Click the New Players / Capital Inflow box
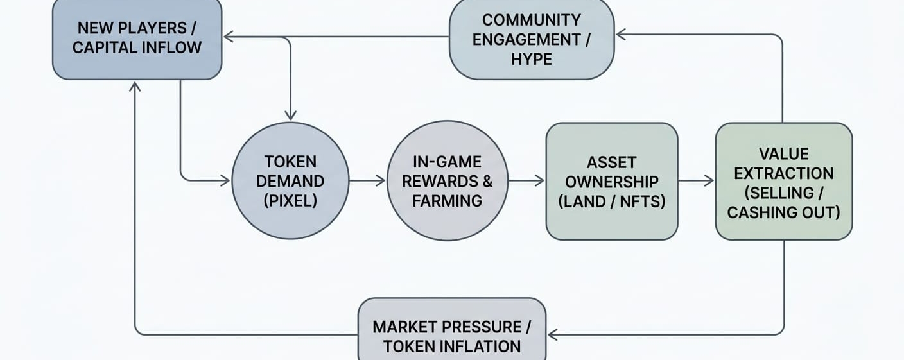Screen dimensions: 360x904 point(137,39)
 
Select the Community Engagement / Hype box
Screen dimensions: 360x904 point(531,40)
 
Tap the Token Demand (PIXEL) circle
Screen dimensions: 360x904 point(290,181)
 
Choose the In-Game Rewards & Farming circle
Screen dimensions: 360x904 point(448,181)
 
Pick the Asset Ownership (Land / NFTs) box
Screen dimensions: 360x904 point(611,182)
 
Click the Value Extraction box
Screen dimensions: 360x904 point(783,182)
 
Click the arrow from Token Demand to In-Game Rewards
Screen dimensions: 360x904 point(368,181)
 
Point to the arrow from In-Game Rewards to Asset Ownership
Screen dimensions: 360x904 point(526,181)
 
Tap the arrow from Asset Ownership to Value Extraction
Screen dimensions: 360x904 point(696,181)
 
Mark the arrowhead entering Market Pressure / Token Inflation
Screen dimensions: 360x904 point(553,334)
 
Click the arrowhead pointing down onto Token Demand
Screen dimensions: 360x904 point(290,115)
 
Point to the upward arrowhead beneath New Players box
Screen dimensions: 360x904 point(135,87)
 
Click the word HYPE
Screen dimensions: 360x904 point(531,59)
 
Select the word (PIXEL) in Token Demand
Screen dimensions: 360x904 point(290,201)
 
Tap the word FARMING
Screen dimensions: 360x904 point(447,201)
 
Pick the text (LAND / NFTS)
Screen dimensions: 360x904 point(611,201)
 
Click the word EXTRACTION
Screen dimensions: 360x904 point(783,173)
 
